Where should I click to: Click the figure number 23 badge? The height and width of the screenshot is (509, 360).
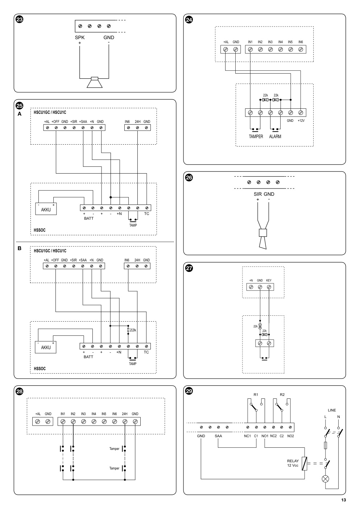pos(20,20)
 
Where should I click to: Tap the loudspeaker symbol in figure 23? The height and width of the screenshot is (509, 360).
pos(95,82)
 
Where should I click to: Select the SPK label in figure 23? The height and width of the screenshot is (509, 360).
pos(80,37)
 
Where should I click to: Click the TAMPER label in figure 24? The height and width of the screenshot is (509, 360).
pos(256,136)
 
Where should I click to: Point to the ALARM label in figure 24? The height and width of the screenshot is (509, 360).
pos(275,136)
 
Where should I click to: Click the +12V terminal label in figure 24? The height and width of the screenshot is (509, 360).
pos(301,121)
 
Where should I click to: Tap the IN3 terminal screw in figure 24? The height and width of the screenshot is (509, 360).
pos(270,49)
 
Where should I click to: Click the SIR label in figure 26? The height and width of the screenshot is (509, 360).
pos(258,194)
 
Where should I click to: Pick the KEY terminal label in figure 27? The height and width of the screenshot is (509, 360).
pos(269,280)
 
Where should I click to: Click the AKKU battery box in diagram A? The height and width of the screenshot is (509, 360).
pos(46,208)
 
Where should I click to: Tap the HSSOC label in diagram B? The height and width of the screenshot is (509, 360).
pos(40,369)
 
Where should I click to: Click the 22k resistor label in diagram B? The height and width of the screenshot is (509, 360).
pos(133,330)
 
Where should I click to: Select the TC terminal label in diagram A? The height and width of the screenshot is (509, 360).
pos(146,214)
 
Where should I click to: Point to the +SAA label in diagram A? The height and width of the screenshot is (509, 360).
pos(83,121)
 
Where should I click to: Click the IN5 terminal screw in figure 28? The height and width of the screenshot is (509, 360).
pos(104,422)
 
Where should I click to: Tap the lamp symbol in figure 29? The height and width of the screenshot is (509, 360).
pos(326,479)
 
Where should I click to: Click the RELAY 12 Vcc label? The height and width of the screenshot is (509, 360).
pos(293,463)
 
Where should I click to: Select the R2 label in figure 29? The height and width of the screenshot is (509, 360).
pos(282,395)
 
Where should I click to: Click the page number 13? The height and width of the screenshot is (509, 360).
pos(343,500)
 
